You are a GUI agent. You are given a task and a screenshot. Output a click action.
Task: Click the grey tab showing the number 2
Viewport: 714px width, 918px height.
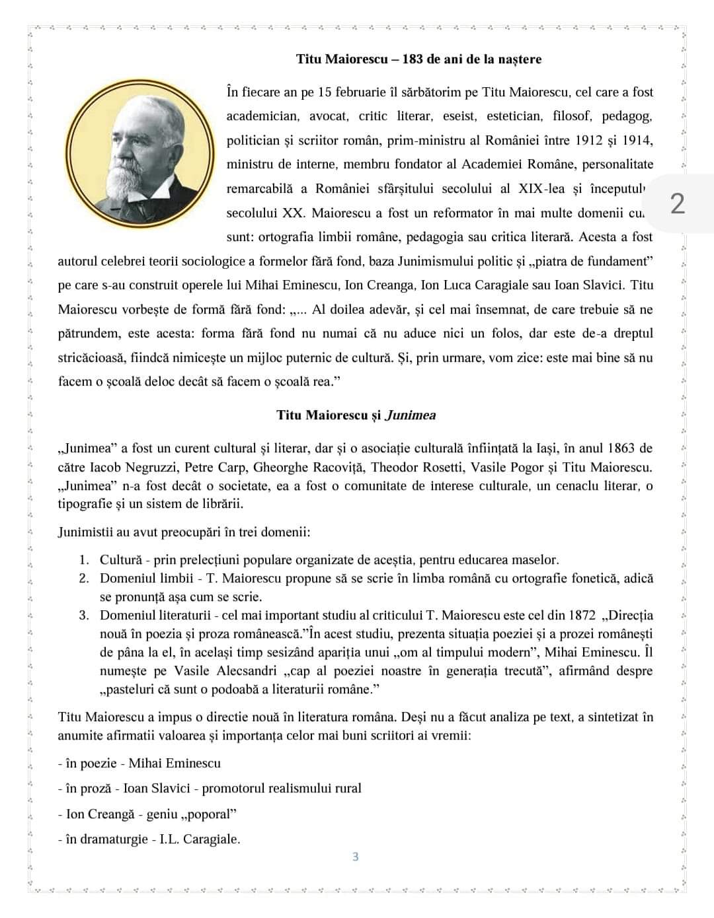pos(678,203)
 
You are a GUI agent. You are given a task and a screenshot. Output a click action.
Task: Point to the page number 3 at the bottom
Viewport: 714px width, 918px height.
pos(356,857)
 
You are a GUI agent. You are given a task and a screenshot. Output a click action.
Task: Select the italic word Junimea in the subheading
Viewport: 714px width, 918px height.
pos(411,415)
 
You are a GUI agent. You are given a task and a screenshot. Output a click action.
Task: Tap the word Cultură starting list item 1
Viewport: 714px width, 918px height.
pos(121,560)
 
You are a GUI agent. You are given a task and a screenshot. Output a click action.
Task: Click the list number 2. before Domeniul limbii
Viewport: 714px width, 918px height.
pos(84,579)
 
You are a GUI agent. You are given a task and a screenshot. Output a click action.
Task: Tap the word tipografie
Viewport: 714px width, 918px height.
pos(84,505)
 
